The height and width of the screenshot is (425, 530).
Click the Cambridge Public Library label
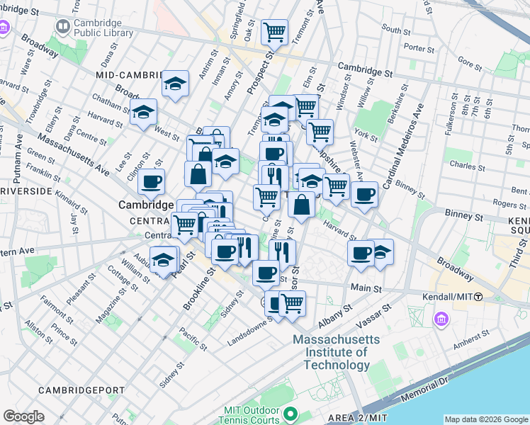click(x=103, y=28)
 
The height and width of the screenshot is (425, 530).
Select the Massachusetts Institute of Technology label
click(x=337, y=352)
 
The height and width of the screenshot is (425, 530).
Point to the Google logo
click(x=23, y=416)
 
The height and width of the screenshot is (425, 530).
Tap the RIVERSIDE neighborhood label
click(x=26, y=191)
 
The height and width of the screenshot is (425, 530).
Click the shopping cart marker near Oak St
click(x=274, y=30)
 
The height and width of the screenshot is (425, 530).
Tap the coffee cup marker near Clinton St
click(x=151, y=181)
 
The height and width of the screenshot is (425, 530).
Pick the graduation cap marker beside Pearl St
click(x=164, y=259)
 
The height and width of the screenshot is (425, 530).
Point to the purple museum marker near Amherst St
click(x=443, y=319)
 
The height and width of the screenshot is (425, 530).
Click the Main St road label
click(x=366, y=289)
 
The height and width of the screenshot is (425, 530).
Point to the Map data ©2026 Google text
click(x=485, y=419)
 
